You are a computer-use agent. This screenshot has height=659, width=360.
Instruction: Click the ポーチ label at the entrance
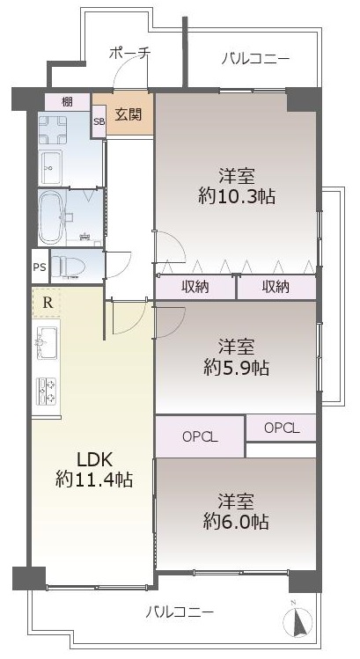click(129, 54)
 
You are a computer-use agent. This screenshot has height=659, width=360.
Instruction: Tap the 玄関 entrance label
click(129, 114)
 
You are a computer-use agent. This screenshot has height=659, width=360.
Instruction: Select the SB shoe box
click(99, 121)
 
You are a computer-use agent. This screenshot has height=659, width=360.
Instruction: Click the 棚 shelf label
click(67, 102)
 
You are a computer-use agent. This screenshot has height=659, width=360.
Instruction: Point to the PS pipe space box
click(40, 267)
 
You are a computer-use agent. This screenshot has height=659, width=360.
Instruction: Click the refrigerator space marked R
click(48, 303)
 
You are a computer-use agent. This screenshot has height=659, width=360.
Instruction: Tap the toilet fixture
click(68, 266)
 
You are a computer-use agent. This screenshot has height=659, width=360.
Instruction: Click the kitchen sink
click(47, 342)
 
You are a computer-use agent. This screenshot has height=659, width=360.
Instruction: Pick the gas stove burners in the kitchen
click(48, 392)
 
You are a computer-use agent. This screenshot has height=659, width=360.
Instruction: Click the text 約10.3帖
click(237, 195)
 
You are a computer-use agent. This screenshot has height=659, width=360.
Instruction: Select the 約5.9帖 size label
click(236, 368)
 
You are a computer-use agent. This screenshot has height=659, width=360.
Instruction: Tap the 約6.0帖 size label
click(236, 522)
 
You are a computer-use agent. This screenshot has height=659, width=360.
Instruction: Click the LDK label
click(94, 460)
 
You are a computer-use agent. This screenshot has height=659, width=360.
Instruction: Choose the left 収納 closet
click(195, 288)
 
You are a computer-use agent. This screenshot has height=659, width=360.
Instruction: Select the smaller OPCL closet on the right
click(282, 428)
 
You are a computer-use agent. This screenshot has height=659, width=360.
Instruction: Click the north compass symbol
click(298, 620)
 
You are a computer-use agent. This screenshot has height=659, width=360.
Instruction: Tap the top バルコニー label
click(256, 58)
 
